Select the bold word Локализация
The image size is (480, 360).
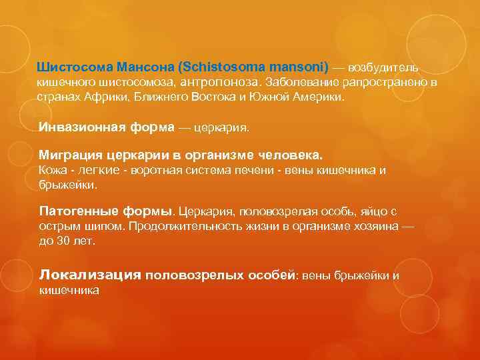click(x=90, y=274)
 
